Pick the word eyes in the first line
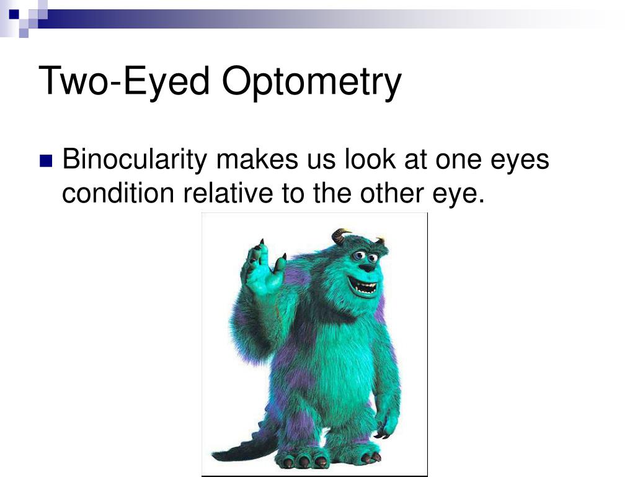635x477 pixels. pyautogui.click(x=520, y=160)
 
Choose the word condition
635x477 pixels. pyautogui.click(x=118, y=194)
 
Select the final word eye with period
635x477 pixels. pyautogui.click(x=460, y=195)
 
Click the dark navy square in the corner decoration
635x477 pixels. pyautogui.click(x=14, y=12)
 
